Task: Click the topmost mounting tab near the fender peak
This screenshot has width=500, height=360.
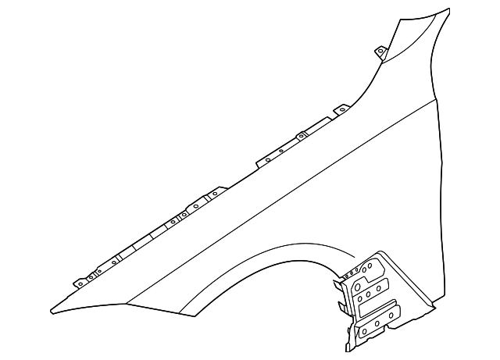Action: (380, 52)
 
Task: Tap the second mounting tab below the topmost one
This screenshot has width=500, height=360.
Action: (341, 111)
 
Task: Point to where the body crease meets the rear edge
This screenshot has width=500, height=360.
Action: (437, 100)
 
